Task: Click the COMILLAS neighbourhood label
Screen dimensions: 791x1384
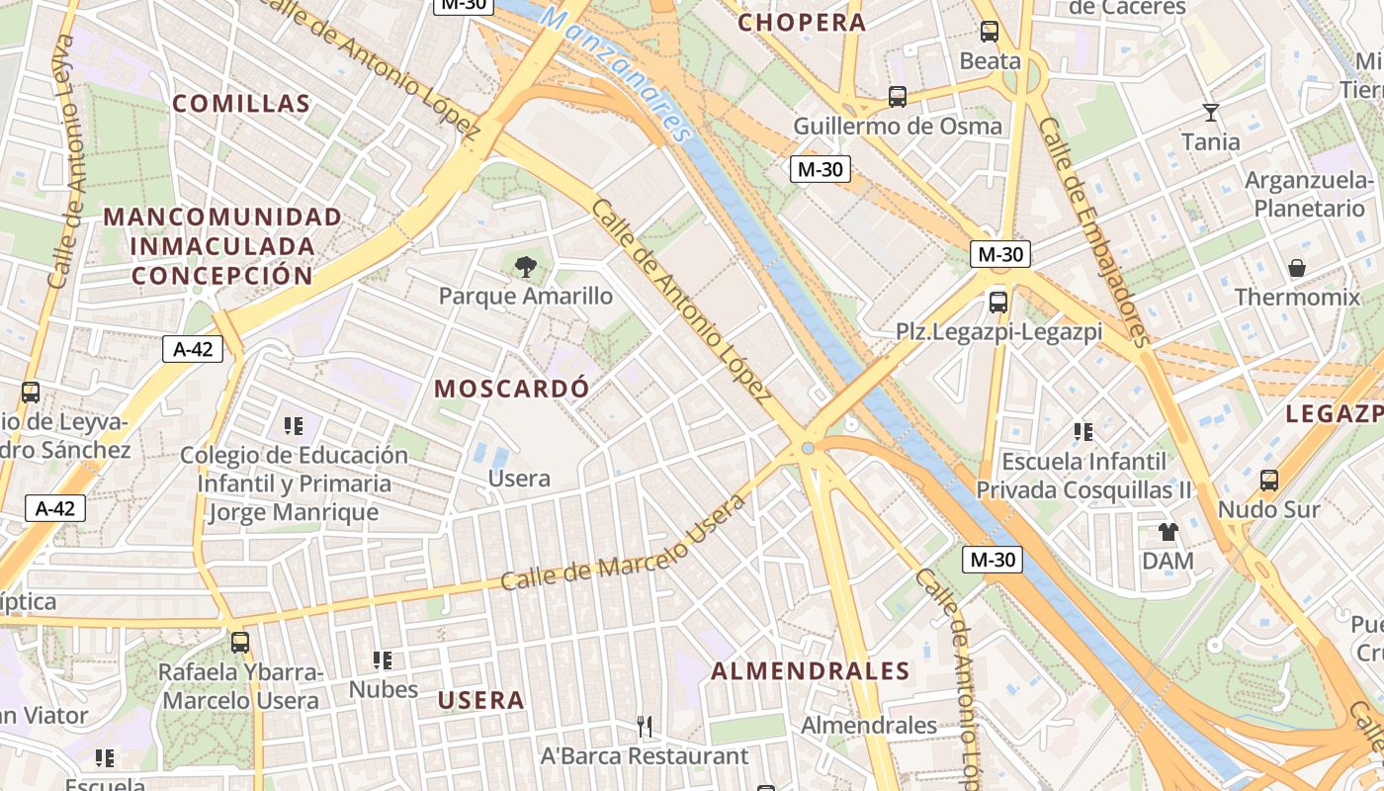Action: coord(241,103)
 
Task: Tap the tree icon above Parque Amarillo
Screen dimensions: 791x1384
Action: coord(526,265)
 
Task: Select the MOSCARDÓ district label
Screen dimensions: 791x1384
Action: coord(511,389)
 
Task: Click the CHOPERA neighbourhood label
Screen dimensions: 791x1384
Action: coord(802,23)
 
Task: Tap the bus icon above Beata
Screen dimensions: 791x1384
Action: coord(990,32)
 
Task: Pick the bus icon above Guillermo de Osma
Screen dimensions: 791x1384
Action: coord(898,97)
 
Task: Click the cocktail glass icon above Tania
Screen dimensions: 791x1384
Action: coord(1211,112)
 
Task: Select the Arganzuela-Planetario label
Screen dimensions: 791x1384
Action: coord(1309,195)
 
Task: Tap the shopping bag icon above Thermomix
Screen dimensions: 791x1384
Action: coord(1297,268)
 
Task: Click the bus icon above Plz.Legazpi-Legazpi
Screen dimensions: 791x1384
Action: coord(998,303)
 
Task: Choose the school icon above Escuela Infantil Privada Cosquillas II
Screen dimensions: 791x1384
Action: coord(1083,432)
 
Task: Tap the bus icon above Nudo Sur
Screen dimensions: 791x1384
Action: coord(1269,481)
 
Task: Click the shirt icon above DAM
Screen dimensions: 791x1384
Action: coord(1168,532)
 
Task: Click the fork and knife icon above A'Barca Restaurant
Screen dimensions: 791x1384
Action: coord(645,727)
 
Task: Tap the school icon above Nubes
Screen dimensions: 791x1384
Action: coord(383,659)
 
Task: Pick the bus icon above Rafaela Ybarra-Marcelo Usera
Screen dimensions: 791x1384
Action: coord(240,643)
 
